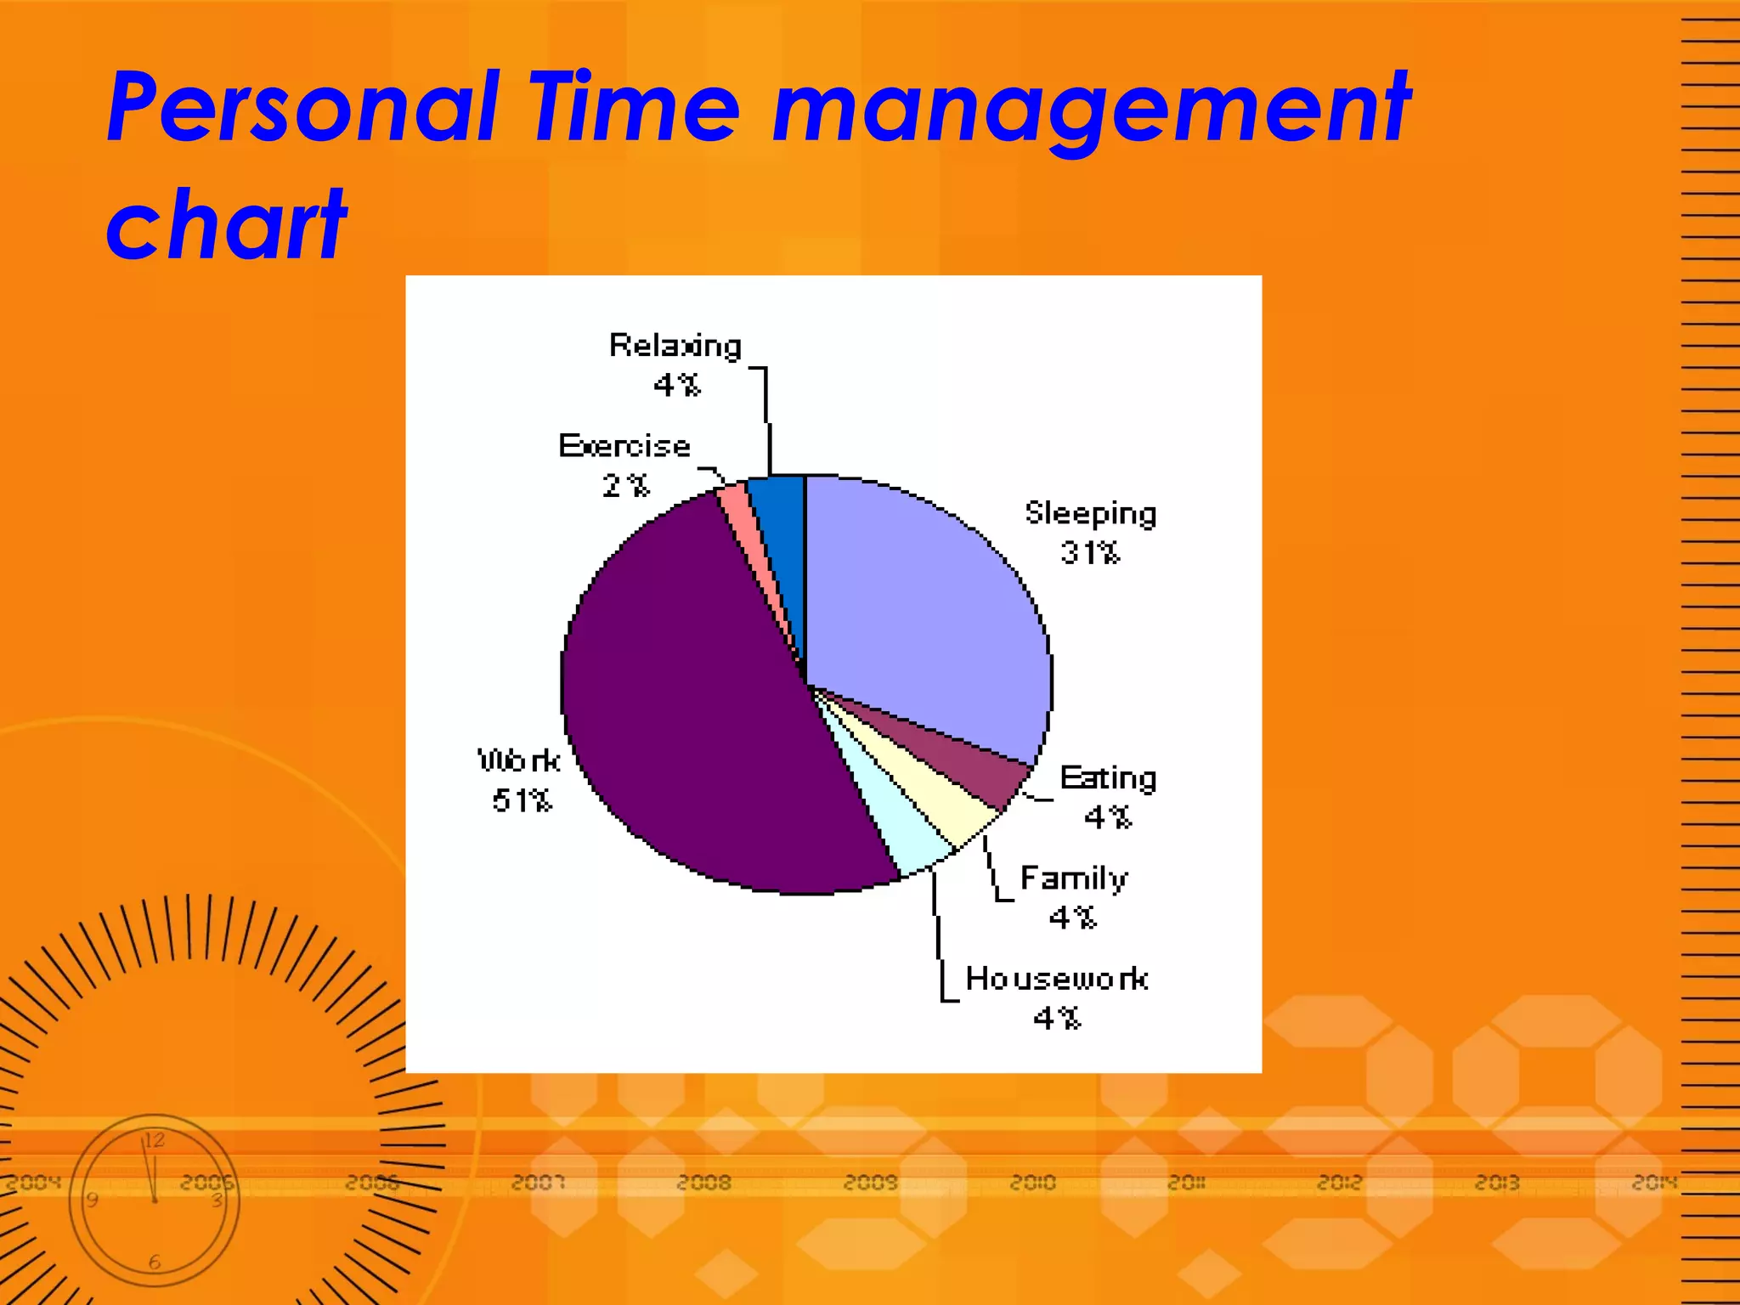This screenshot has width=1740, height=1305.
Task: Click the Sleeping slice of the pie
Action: coord(926,603)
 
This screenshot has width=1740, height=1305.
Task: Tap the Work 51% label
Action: coord(520,780)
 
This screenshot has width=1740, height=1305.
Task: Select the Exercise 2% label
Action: coord(624,466)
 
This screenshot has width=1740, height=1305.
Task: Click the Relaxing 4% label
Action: coord(675,365)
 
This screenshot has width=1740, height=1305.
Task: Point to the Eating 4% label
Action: coord(1108,797)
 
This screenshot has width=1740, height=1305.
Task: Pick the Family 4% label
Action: coord(1074,897)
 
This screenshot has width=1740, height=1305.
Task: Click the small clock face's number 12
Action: coord(154,1140)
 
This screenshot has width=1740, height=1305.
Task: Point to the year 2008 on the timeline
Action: coord(703,1183)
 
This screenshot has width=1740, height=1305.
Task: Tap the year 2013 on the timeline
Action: coord(1497,1183)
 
